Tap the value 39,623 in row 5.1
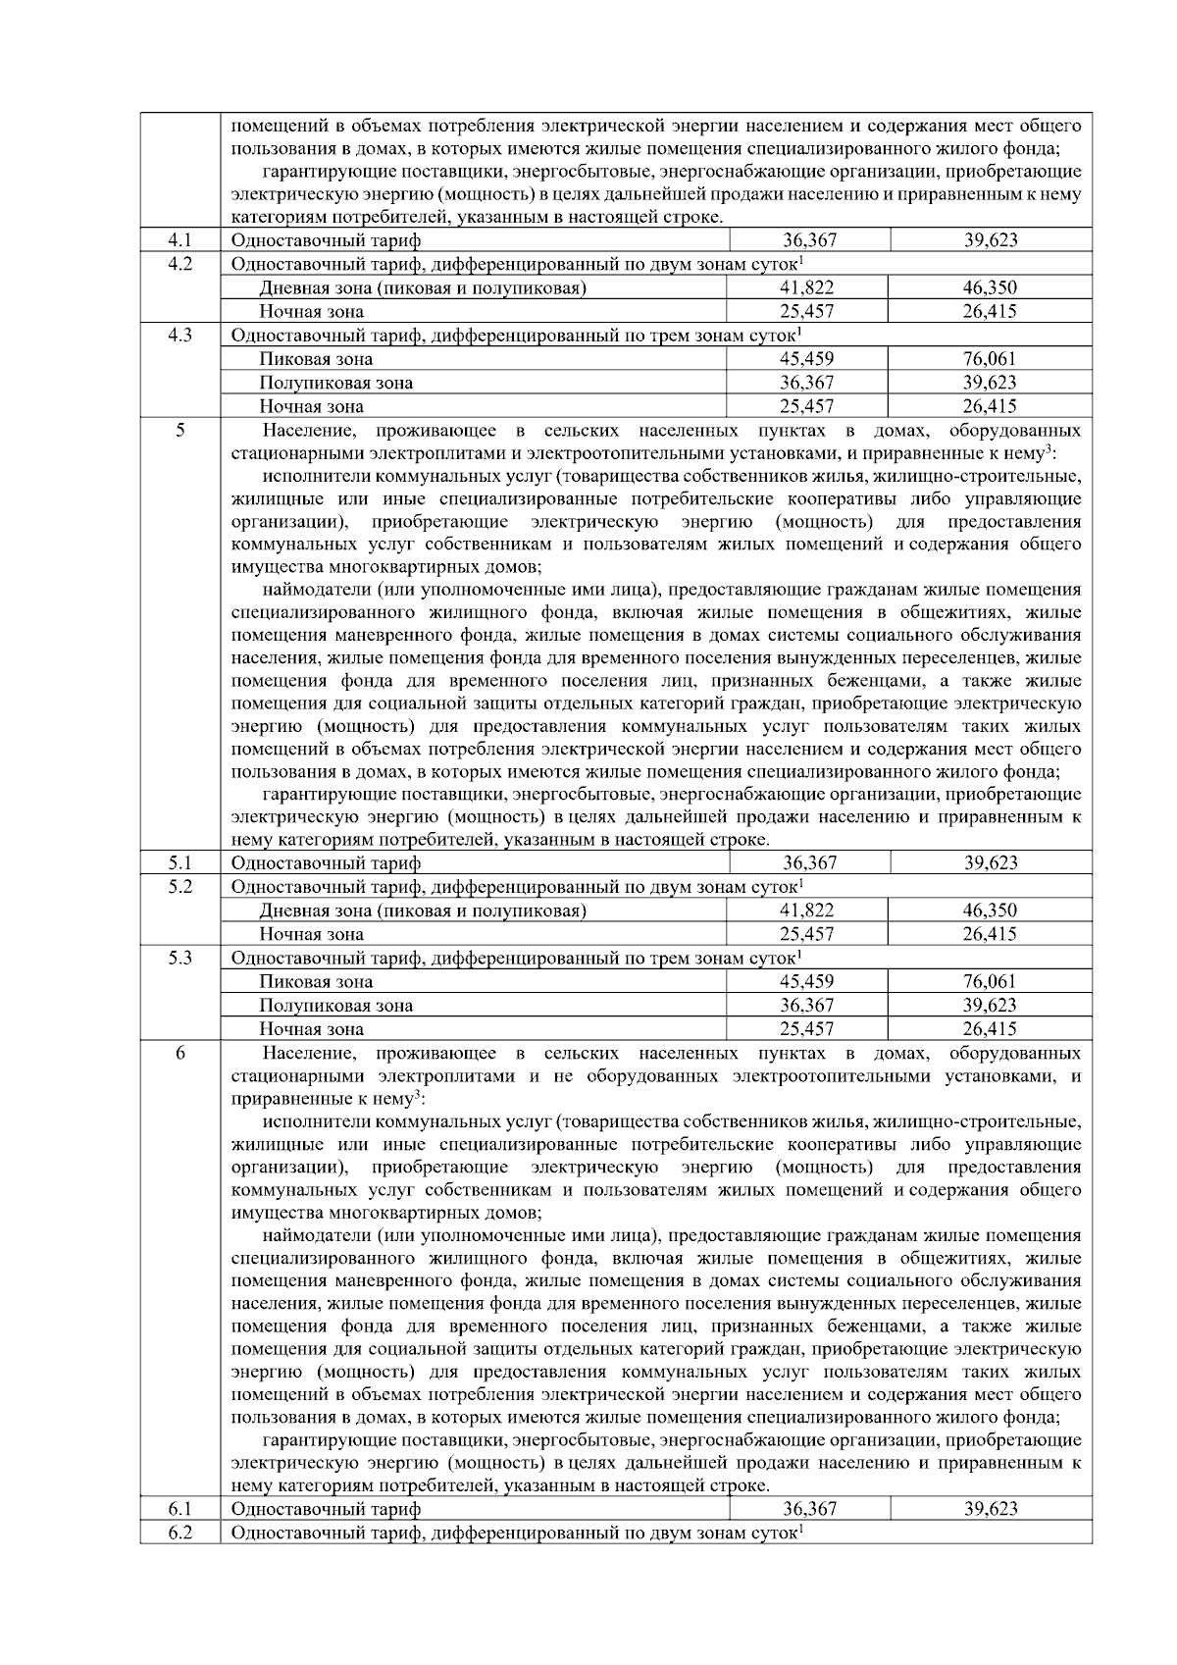pyautogui.click(x=990, y=863)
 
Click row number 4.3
pyautogui.click(x=179, y=336)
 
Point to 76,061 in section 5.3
pyautogui.click(x=989, y=982)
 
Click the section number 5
pyautogui.click(x=179, y=431)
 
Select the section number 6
pyautogui.click(x=179, y=1054)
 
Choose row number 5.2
pyautogui.click(x=179, y=887)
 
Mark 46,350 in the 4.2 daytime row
pyautogui.click(x=989, y=287)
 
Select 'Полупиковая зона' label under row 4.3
pyautogui.click(x=335, y=383)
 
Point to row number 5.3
pyautogui.click(x=179, y=958)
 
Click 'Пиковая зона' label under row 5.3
pyautogui.click(x=316, y=982)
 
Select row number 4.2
pyautogui.click(x=179, y=264)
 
